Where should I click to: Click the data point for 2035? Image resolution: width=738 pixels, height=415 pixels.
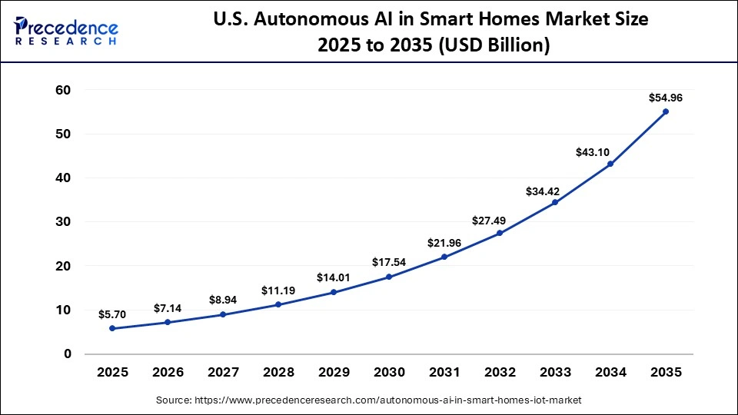coord(666,111)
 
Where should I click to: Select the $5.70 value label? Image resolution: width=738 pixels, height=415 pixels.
coord(112,314)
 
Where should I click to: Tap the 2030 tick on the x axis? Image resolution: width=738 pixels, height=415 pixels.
coord(389,373)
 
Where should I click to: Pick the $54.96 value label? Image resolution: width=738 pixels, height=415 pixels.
coord(666,98)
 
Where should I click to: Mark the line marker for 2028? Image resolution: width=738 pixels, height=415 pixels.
coord(278,304)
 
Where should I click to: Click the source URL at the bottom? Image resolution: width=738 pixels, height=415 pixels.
coord(369,400)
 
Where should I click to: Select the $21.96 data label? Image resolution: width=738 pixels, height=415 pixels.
coord(444,243)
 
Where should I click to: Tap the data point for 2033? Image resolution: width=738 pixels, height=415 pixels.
coord(555,202)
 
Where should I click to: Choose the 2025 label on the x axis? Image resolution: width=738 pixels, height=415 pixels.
coord(112,373)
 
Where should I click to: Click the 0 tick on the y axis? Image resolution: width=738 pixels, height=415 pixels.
coord(68,354)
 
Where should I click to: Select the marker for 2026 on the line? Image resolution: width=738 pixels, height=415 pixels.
coord(168,322)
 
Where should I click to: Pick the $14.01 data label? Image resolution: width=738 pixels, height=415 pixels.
coord(334,277)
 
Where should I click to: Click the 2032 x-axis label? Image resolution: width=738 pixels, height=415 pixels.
coord(500,373)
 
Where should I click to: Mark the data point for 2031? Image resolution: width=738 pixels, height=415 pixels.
coord(444,257)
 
